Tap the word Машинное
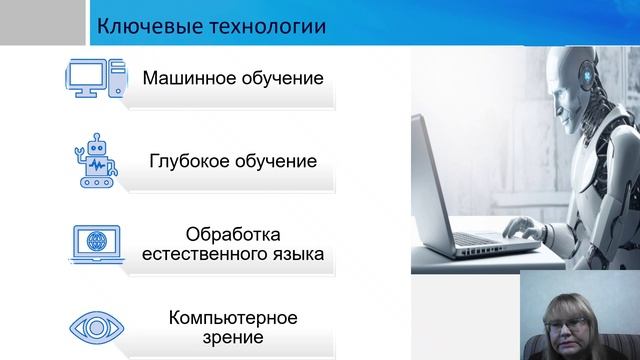pyautogui.click(x=187, y=77)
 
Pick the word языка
pyautogui.click(x=295, y=254)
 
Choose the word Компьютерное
pyautogui.click(x=233, y=318)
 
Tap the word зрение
pyautogui.click(x=231, y=338)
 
